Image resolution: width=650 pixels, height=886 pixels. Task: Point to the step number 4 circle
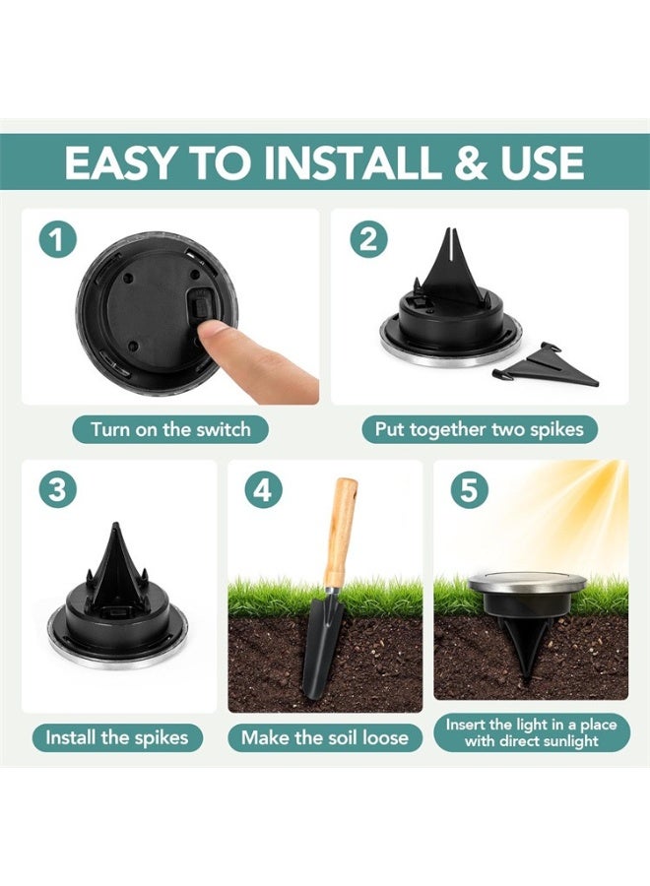[x=263, y=489]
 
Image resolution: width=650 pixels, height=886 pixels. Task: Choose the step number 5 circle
[x=469, y=489]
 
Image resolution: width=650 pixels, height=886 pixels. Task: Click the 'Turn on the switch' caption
[x=170, y=429]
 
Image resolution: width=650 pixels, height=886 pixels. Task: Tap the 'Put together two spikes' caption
[x=479, y=429]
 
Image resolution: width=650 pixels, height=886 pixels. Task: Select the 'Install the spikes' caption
[x=116, y=737]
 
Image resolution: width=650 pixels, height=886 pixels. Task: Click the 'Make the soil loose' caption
[x=325, y=737]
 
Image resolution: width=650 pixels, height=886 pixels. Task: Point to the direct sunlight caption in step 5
[x=531, y=732]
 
